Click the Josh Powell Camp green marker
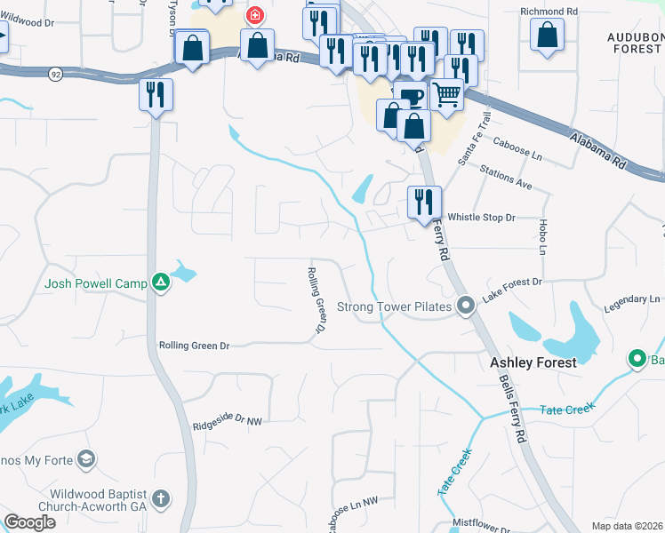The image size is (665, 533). tap(161, 282)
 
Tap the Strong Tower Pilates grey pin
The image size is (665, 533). tap(465, 306)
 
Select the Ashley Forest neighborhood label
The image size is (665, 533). tap(533, 362)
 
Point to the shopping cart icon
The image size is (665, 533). tap(446, 92)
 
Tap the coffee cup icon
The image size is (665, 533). tap(410, 97)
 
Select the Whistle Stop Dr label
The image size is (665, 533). tap(481, 218)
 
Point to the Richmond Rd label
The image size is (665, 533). tap(549, 12)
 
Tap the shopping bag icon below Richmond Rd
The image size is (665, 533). tap(548, 35)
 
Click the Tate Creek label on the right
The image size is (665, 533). tap(566, 410)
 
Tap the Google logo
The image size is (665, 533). tap(30, 521)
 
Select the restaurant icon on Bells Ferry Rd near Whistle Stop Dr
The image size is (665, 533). tap(424, 202)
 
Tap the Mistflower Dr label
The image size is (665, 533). tap(481, 523)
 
